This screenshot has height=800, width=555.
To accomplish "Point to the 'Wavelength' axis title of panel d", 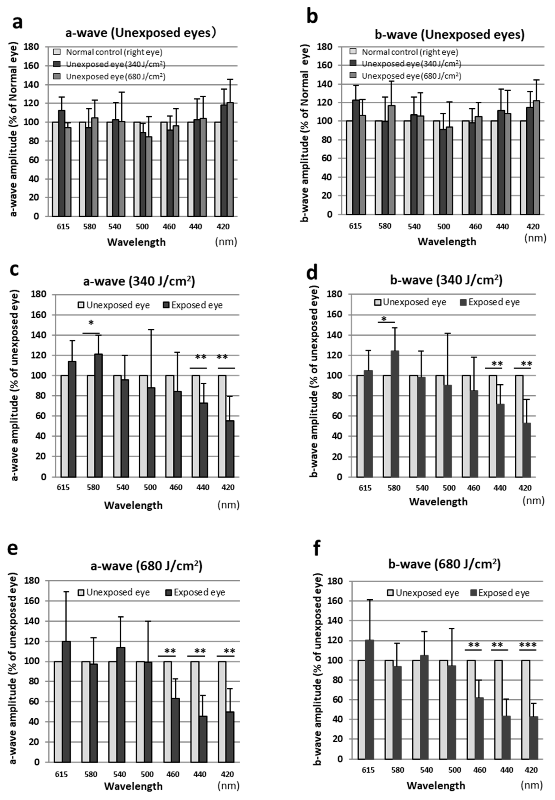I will pos(438,501).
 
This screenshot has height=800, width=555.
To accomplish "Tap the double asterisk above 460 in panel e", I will pos(170,651).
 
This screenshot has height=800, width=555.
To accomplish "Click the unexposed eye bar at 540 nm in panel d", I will pos(413,426).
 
